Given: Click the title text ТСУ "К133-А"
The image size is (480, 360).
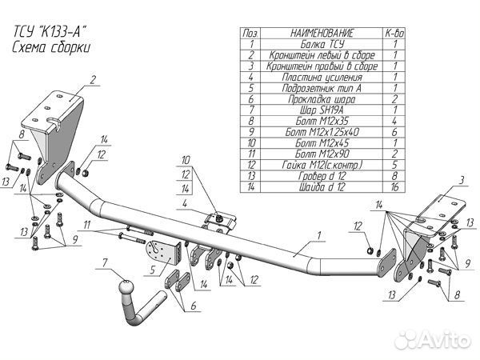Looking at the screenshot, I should pos(48,32).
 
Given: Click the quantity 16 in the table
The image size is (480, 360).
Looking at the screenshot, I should pos(395,186).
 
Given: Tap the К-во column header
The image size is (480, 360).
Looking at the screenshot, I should pos(395,34).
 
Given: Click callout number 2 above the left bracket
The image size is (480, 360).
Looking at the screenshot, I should pos(93,78).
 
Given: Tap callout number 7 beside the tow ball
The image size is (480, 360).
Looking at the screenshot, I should pos(104,262).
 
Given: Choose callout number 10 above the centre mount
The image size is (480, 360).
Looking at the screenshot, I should pos(186,159).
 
